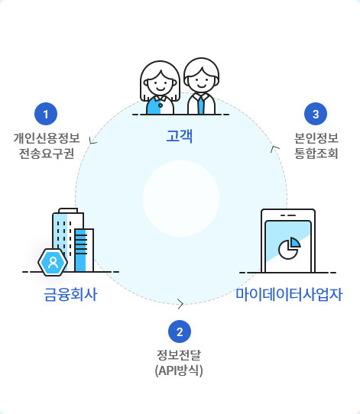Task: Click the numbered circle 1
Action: tap(46, 114)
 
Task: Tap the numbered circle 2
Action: tap(180, 332)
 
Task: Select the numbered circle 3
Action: tap(316, 114)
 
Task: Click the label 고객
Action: tap(180, 136)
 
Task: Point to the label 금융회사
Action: tap(71, 294)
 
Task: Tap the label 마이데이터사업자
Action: tap(289, 294)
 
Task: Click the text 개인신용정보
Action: tap(47, 138)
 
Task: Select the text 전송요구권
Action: tap(47, 154)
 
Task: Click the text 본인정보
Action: tap(316, 138)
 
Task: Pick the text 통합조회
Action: tap(316, 154)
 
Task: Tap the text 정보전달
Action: tap(179, 355)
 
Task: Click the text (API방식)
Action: tap(179, 370)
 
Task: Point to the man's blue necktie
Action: tap(201, 105)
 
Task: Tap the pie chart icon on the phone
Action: tap(289, 248)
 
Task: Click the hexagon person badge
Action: tap(53, 263)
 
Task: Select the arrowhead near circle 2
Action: tap(180, 304)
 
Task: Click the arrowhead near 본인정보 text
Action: tap(274, 149)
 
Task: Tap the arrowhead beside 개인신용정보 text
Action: tap(92, 141)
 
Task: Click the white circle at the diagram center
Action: tap(181, 199)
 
